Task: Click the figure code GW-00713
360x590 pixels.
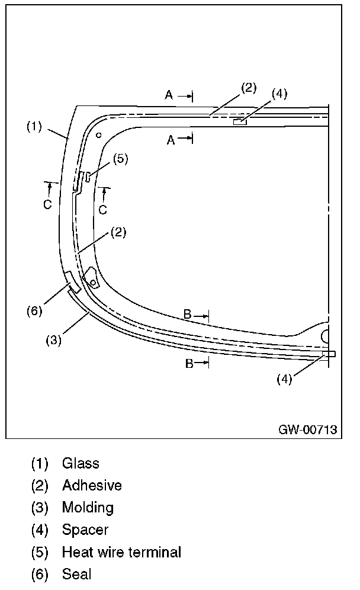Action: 308,429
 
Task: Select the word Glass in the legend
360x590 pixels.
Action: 81,463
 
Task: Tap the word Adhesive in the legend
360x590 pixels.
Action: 92,486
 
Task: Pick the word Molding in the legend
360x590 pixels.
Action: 88,508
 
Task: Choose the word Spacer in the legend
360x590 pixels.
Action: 85,530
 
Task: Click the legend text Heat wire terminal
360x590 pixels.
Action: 121,552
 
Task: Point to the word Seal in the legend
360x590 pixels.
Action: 76,574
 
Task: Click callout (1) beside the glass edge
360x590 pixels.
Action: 34,126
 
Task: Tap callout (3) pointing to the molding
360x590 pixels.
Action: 54,341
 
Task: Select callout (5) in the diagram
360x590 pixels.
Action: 120,158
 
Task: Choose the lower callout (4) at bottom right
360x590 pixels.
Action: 285,380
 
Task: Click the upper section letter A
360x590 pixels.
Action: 169,95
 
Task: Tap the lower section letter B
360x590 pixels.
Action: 189,364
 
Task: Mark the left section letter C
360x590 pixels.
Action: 48,205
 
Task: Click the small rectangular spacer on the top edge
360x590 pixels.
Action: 240,122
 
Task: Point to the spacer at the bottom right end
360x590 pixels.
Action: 329,354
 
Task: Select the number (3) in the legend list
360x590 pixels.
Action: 40,508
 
